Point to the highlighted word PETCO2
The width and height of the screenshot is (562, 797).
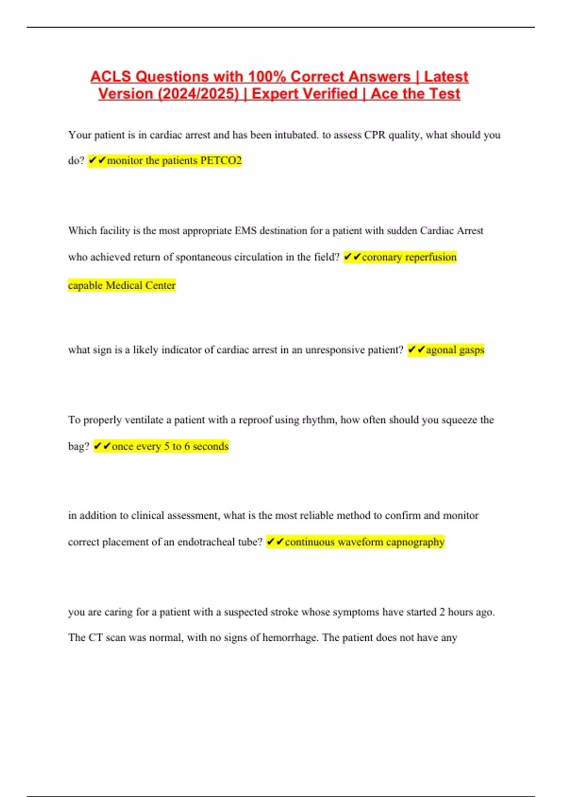click(x=221, y=160)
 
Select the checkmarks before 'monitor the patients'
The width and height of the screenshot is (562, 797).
click(x=97, y=160)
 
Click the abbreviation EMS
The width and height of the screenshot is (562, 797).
click(x=245, y=231)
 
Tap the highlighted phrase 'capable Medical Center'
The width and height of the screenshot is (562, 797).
click(x=122, y=285)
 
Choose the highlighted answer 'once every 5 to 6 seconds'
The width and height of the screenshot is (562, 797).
click(x=170, y=446)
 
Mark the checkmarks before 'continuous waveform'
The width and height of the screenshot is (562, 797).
click(x=275, y=542)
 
